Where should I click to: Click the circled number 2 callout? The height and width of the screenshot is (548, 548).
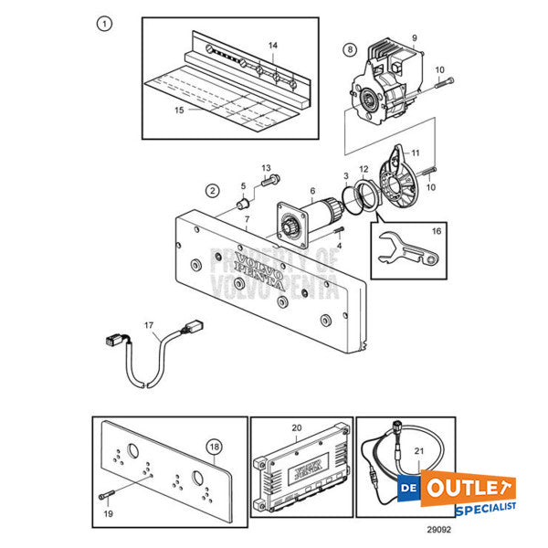click(212, 191)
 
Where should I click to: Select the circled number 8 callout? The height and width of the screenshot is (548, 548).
click(349, 48)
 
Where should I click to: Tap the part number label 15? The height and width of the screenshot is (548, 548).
click(179, 110)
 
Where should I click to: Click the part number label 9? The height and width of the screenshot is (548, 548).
click(413, 37)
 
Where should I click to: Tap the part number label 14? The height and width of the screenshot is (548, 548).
click(272, 45)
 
